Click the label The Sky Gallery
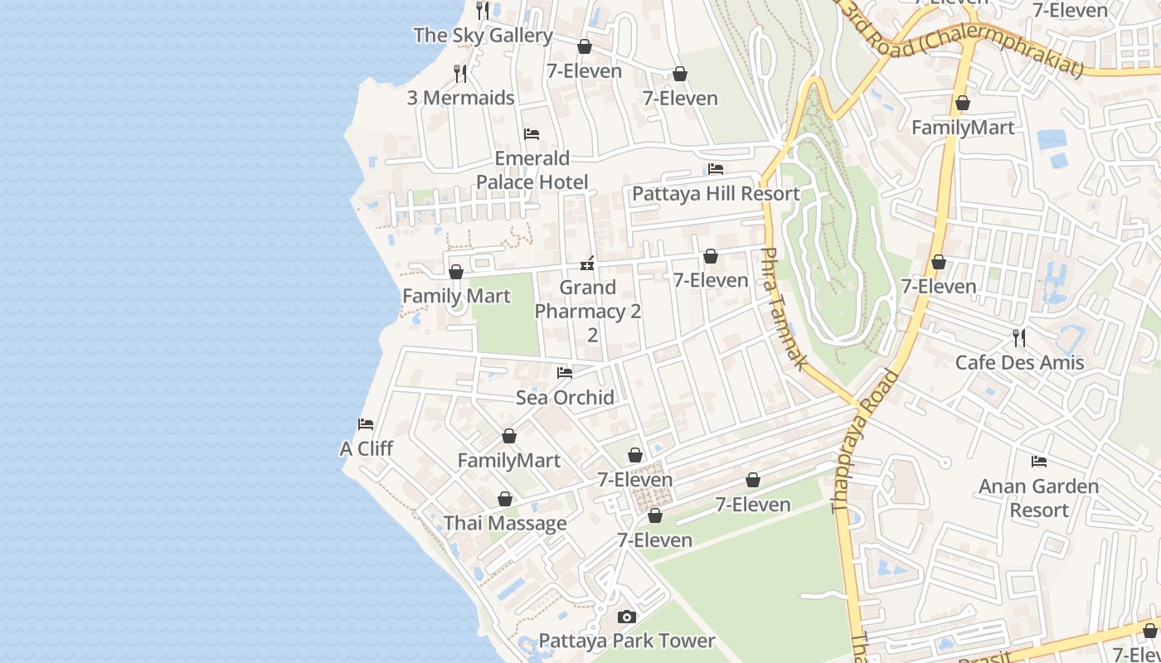pyautogui.click(x=483, y=36)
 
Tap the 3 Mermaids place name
pyautogui.click(x=460, y=98)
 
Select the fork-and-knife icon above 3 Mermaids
pyautogui.click(x=460, y=74)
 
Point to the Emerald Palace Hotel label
pyautogui.click(x=532, y=170)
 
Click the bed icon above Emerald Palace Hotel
pyautogui.click(x=532, y=134)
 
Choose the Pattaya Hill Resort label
pyautogui.click(x=716, y=194)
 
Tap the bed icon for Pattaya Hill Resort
pyautogui.click(x=716, y=169)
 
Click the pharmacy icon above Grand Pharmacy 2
pyautogui.click(x=587, y=264)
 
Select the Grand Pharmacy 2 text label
pyautogui.click(x=588, y=311)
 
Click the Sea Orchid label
pyautogui.click(x=565, y=398)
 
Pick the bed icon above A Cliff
pyautogui.click(x=366, y=424)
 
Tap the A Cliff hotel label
pyautogui.click(x=366, y=449)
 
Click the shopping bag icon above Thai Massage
pyautogui.click(x=504, y=500)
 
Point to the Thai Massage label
pyautogui.click(x=505, y=524)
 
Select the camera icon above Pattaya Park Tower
pyautogui.click(x=627, y=617)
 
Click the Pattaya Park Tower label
pyautogui.click(x=627, y=641)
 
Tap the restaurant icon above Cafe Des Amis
pyautogui.click(x=1019, y=338)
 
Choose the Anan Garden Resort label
pyautogui.click(x=1038, y=498)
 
